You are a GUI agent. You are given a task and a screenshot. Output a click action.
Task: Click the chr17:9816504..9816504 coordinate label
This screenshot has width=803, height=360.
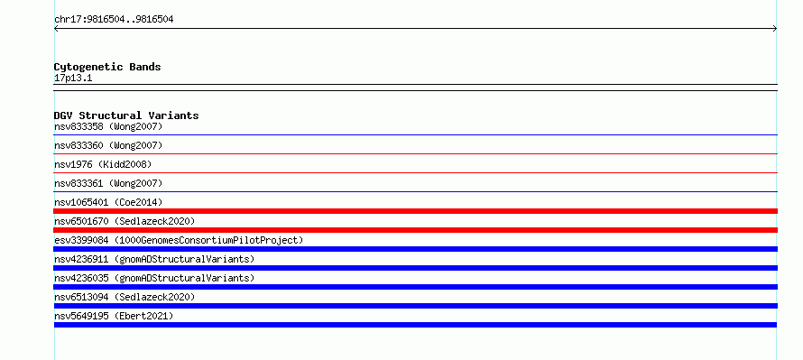point(114,20)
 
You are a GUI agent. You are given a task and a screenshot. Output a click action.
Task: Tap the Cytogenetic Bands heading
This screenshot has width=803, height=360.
point(107,67)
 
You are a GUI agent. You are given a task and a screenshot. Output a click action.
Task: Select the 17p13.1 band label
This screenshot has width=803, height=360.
point(73,78)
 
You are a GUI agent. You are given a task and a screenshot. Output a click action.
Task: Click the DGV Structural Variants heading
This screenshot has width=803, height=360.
point(126,115)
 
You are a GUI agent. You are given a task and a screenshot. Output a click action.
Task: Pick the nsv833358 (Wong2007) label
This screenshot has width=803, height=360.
point(108,126)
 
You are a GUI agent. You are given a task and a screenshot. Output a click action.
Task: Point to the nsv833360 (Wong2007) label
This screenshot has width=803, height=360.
point(108,145)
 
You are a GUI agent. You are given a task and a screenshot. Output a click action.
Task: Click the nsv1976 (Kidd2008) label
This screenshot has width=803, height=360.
point(103,164)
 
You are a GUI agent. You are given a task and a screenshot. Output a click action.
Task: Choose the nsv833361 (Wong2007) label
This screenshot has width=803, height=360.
point(108,183)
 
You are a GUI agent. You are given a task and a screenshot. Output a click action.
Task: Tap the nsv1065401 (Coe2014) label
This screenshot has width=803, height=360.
point(108,202)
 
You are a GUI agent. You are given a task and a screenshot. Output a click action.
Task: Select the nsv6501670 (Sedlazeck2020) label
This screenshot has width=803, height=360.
point(125,221)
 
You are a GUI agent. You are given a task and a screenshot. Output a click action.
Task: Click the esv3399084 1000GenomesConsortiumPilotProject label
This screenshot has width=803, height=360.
point(179,240)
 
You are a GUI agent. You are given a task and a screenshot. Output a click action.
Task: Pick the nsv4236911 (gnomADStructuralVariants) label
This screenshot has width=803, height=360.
point(154,259)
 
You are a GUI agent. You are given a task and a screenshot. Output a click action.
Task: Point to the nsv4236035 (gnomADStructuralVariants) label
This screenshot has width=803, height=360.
point(154,278)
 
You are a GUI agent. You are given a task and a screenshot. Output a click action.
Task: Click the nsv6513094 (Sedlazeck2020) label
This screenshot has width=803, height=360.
point(125,297)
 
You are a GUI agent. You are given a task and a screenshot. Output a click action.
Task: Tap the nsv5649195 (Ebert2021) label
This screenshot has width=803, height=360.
point(114,316)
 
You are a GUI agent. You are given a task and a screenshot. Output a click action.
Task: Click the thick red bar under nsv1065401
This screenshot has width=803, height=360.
point(415,211)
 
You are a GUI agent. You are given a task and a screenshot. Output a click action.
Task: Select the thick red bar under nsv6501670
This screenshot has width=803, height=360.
point(415,230)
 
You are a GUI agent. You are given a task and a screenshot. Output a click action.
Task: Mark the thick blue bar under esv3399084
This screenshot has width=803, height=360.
point(415,249)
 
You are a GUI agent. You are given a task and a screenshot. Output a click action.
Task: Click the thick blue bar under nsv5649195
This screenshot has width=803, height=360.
point(415,325)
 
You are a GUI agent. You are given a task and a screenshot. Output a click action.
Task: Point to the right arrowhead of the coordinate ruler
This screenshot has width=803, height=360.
point(776,29)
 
